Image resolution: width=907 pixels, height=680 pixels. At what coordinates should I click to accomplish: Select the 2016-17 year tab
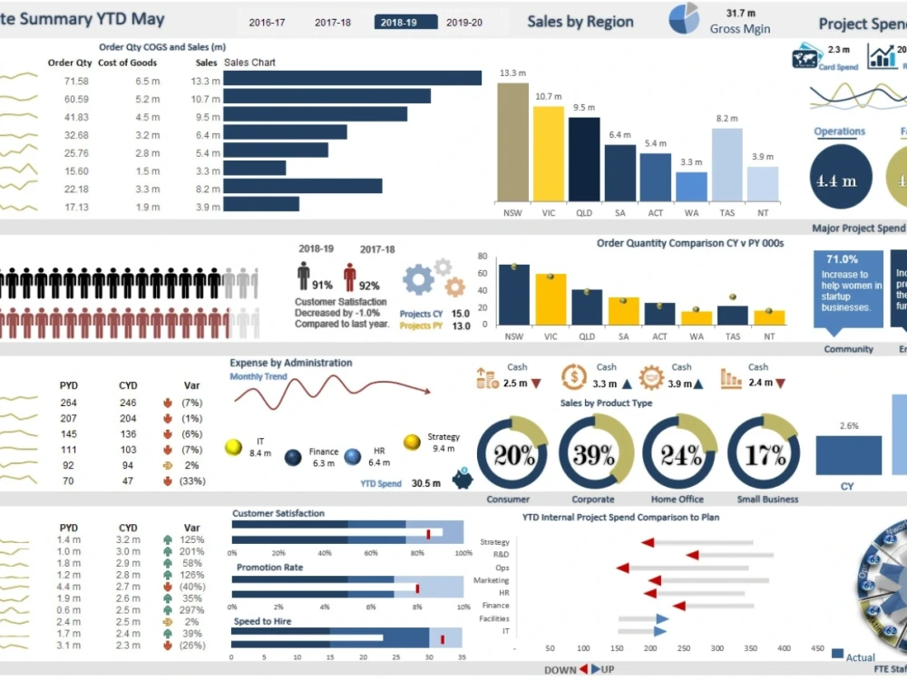click(x=267, y=23)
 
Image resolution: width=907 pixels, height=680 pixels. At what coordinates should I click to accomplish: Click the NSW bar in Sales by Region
click(x=512, y=141)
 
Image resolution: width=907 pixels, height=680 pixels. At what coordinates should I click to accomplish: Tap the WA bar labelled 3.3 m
click(x=691, y=186)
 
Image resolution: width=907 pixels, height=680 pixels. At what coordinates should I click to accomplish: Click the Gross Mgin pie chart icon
click(x=684, y=19)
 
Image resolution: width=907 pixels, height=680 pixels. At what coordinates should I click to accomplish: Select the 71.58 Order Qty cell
click(x=76, y=82)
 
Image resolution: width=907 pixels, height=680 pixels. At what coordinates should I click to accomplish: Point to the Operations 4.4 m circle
click(x=841, y=180)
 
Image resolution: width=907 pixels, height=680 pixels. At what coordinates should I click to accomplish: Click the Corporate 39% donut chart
click(x=594, y=454)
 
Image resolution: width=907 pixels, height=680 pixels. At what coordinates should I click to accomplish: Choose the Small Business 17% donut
click(x=764, y=454)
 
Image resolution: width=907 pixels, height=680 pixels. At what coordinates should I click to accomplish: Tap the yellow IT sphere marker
click(x=233, y=446)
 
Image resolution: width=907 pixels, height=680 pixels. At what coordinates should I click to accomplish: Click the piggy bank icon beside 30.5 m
click(x=463, y=480)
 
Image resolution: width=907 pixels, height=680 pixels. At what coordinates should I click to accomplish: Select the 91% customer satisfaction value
click(x=322, y=285)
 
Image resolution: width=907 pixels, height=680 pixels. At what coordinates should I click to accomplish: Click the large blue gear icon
click(x=418, y=280)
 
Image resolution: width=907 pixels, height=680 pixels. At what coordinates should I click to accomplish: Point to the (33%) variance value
click(x=191, y=481)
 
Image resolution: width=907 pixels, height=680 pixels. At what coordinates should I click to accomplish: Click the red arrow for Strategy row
click(x=648, y=542)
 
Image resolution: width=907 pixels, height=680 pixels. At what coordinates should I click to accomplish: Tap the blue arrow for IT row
click(x=661, y=631)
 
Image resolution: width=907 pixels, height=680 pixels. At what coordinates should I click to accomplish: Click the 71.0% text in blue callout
click(x=842, y=259)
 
